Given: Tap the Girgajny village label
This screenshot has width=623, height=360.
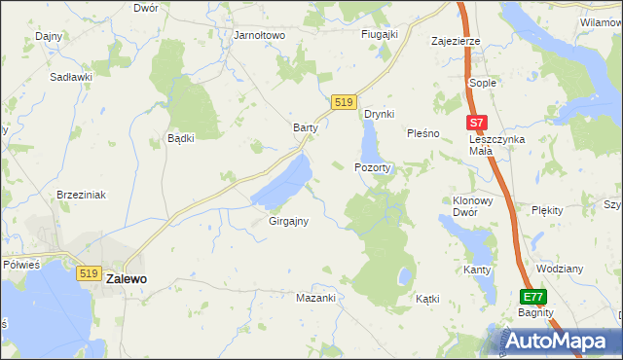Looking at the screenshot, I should click(x=288, y=221).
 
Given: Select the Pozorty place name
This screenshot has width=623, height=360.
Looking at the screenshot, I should click(x=373, y=167).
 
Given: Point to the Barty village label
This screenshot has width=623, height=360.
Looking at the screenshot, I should click(x=307, y=127).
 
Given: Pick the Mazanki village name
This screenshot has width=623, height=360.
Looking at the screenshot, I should click(x=315, y=298).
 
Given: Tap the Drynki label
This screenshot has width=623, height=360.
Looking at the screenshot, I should click(x=379, y=114).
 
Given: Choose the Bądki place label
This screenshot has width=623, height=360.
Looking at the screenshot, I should click(x=181, y=138).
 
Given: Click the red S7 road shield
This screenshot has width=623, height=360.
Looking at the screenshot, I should click(x=475, y=124).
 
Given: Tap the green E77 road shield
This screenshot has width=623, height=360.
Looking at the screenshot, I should click(x=532, y=297).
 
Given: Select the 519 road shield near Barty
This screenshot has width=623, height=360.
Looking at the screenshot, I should click(x=342, y=102).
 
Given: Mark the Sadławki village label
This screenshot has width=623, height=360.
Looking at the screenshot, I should click(x=72, y=76).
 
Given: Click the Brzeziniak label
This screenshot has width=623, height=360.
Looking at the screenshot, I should click(x=81, y=195).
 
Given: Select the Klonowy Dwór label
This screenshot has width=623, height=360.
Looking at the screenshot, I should click(x=473, y=205).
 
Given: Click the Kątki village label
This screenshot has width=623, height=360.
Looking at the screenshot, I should click(x=428, y=299).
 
